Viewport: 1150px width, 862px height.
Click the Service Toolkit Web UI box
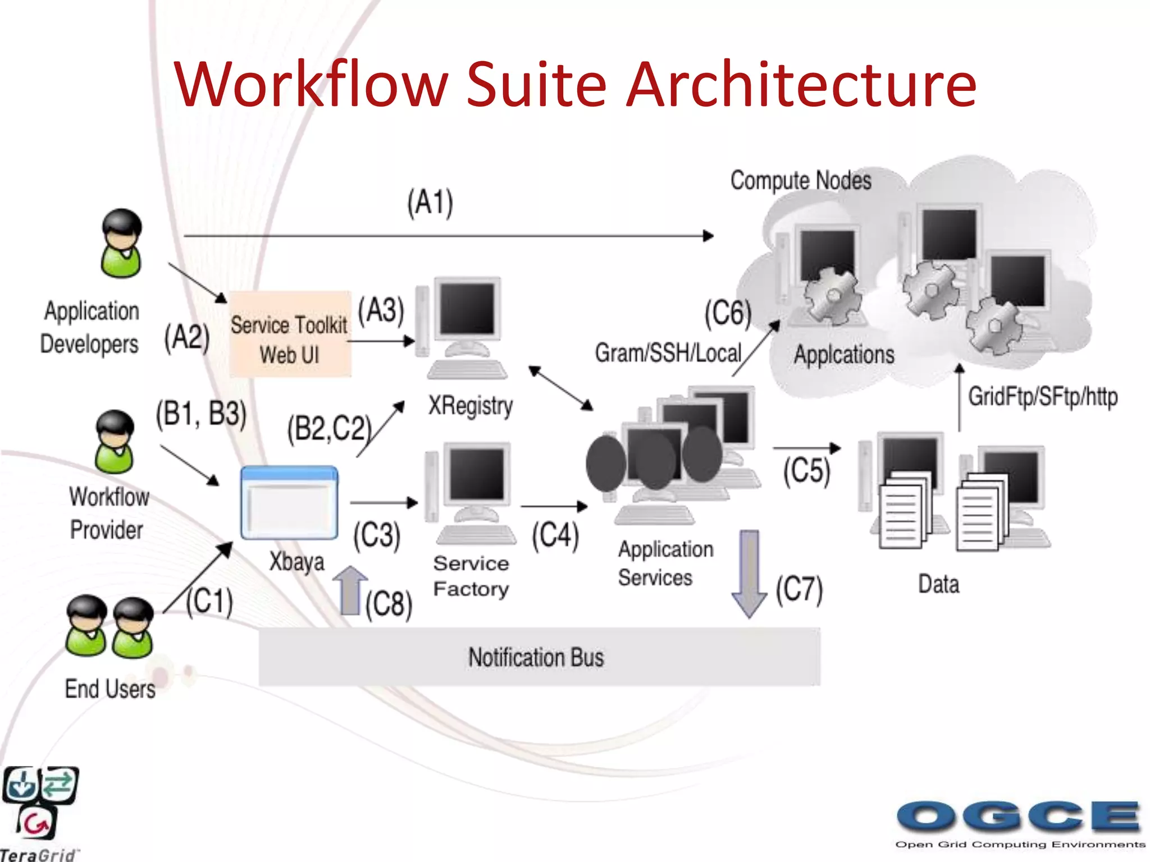[290, 334]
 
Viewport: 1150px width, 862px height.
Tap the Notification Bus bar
[539, 657]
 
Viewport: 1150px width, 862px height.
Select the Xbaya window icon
[289, 502]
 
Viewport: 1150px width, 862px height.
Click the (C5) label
[806, 470]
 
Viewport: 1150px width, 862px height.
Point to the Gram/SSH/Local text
[668, 353]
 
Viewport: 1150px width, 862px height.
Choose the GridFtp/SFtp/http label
[1042, 397]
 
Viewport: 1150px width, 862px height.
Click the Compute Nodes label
[801, 181]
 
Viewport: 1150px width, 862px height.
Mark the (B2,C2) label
[329, 429]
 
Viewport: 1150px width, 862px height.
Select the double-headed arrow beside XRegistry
[560, 388]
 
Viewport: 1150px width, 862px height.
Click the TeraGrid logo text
[38, 855]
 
